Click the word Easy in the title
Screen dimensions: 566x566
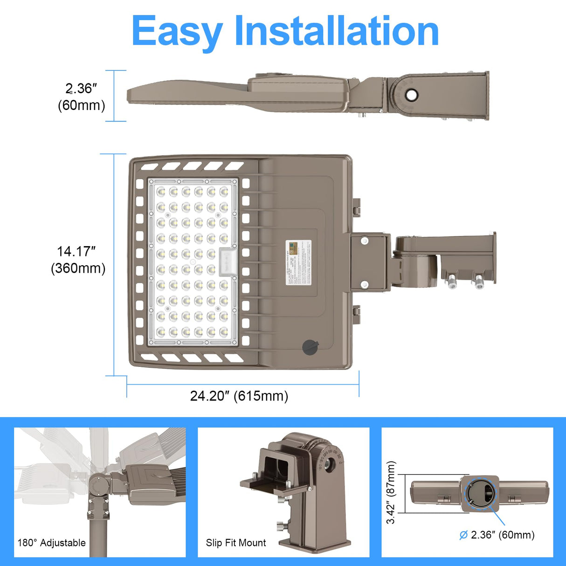(177, 31)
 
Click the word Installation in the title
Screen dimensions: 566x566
(336, 31)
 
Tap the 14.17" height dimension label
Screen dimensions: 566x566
(76, 252)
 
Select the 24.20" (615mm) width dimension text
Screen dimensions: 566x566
(239, 396)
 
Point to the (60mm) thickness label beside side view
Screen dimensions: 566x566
(82, 105)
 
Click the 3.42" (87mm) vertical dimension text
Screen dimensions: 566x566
(391, 492)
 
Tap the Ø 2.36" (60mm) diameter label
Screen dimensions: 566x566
(497, 535)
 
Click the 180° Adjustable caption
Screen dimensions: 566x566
(52, 543)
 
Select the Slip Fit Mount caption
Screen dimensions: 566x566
(236, 543)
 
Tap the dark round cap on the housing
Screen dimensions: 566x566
(310, 347)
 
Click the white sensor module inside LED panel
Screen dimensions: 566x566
(228, 262)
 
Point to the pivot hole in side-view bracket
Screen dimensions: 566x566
(411, 95)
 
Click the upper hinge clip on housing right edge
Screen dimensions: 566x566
(356, 207)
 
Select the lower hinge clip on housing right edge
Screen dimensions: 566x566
(356, 313)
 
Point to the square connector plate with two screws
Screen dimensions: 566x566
(369, 262)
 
